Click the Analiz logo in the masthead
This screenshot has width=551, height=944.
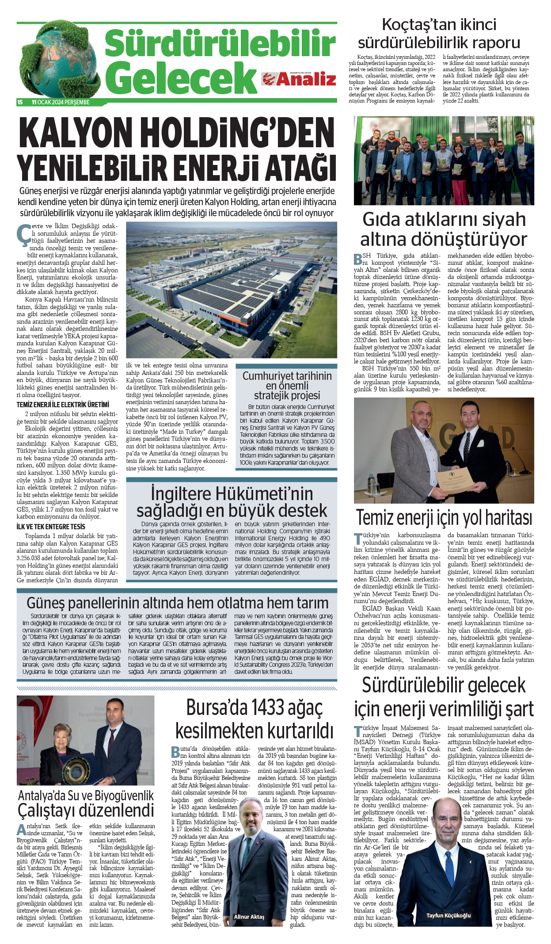299,79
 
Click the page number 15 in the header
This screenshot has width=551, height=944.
20,102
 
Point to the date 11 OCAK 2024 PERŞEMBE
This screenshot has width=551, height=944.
61,102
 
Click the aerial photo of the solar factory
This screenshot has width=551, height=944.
232,290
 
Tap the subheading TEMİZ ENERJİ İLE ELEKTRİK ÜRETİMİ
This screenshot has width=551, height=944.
63,405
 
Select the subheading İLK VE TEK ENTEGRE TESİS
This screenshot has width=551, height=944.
51,527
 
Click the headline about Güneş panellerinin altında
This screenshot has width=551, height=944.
177,603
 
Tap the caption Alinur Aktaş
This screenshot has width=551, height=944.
249,917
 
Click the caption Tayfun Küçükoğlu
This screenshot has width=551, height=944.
448,915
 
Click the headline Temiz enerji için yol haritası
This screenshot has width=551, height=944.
444,517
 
